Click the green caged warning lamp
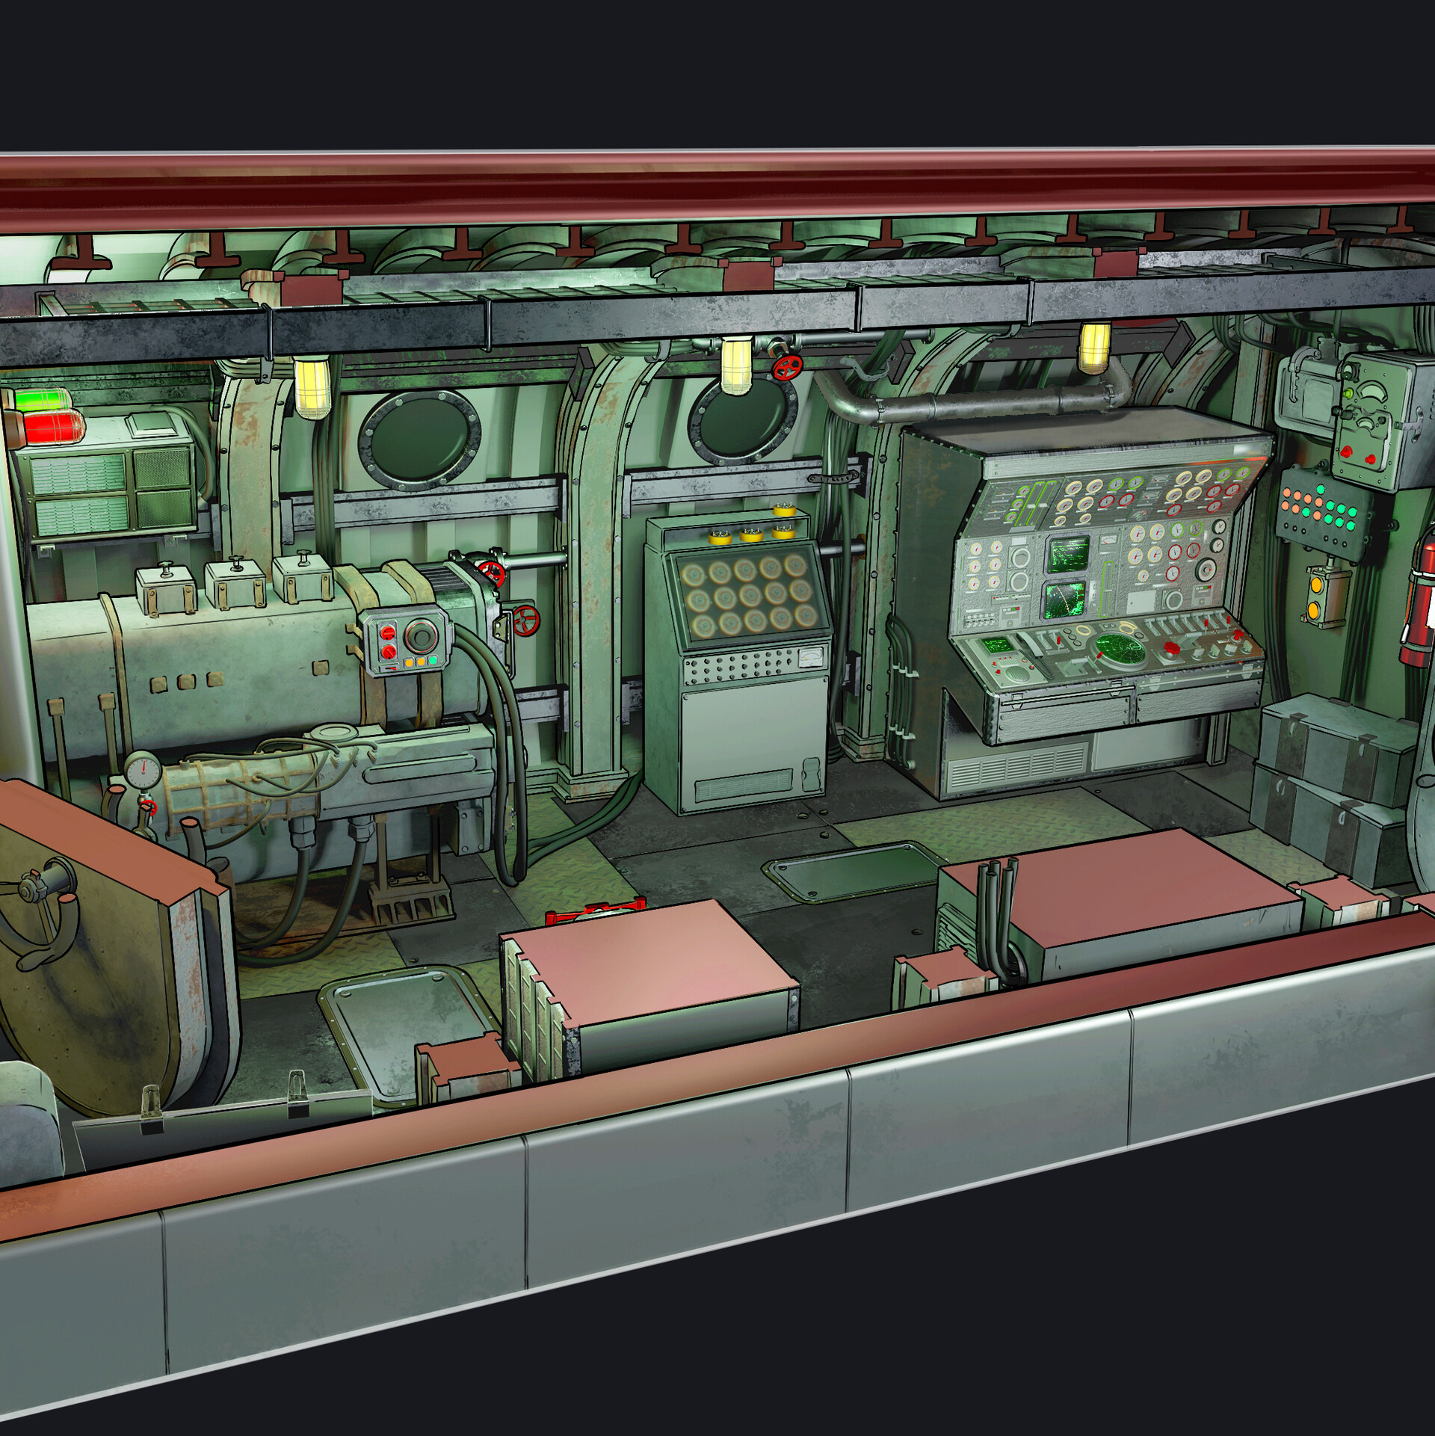(x=43, y=400)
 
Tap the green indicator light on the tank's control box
(x=433, y=661)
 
